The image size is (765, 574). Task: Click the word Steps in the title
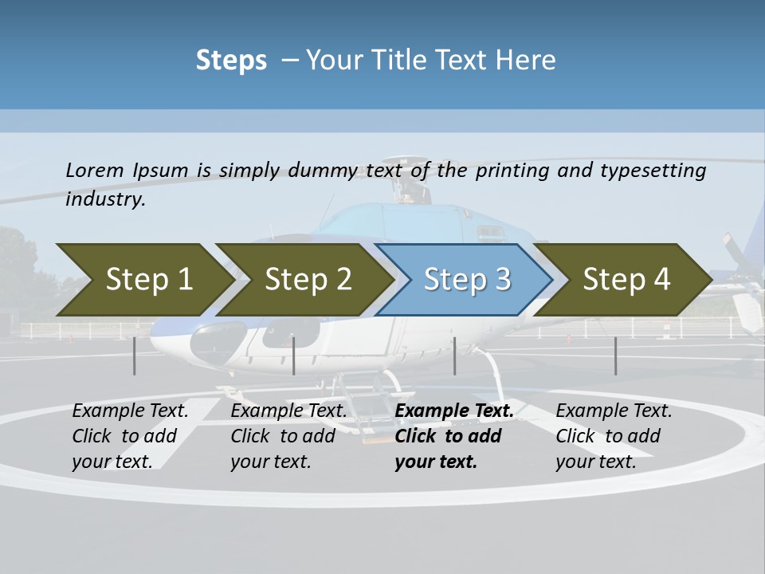pyautogui.click(x=231, y=61)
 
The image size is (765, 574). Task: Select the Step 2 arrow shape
pyautogui.click(x=308, y=280)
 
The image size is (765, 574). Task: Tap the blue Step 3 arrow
pyautogui.click(x=467, y=280)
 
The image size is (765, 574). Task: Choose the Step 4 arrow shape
pyautogui.click(x=626, y=280)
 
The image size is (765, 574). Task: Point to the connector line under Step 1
pyautogui.click(x=135, y=356)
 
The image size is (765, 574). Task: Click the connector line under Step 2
pyautogui.click(x=294, y=356)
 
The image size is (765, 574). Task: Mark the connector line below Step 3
pyautogui.click(x=454, y=356)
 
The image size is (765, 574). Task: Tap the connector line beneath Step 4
pyautogui.click(x=615, y=356)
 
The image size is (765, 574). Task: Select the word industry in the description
pyautogui.click(x=104, y=199)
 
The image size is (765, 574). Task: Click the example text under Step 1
pyautogui.click(x=130, y=436)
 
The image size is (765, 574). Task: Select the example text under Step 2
pyautogui.click(x=288, y=436)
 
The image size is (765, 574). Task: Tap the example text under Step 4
pyautogui.click(x=614, y=436)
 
